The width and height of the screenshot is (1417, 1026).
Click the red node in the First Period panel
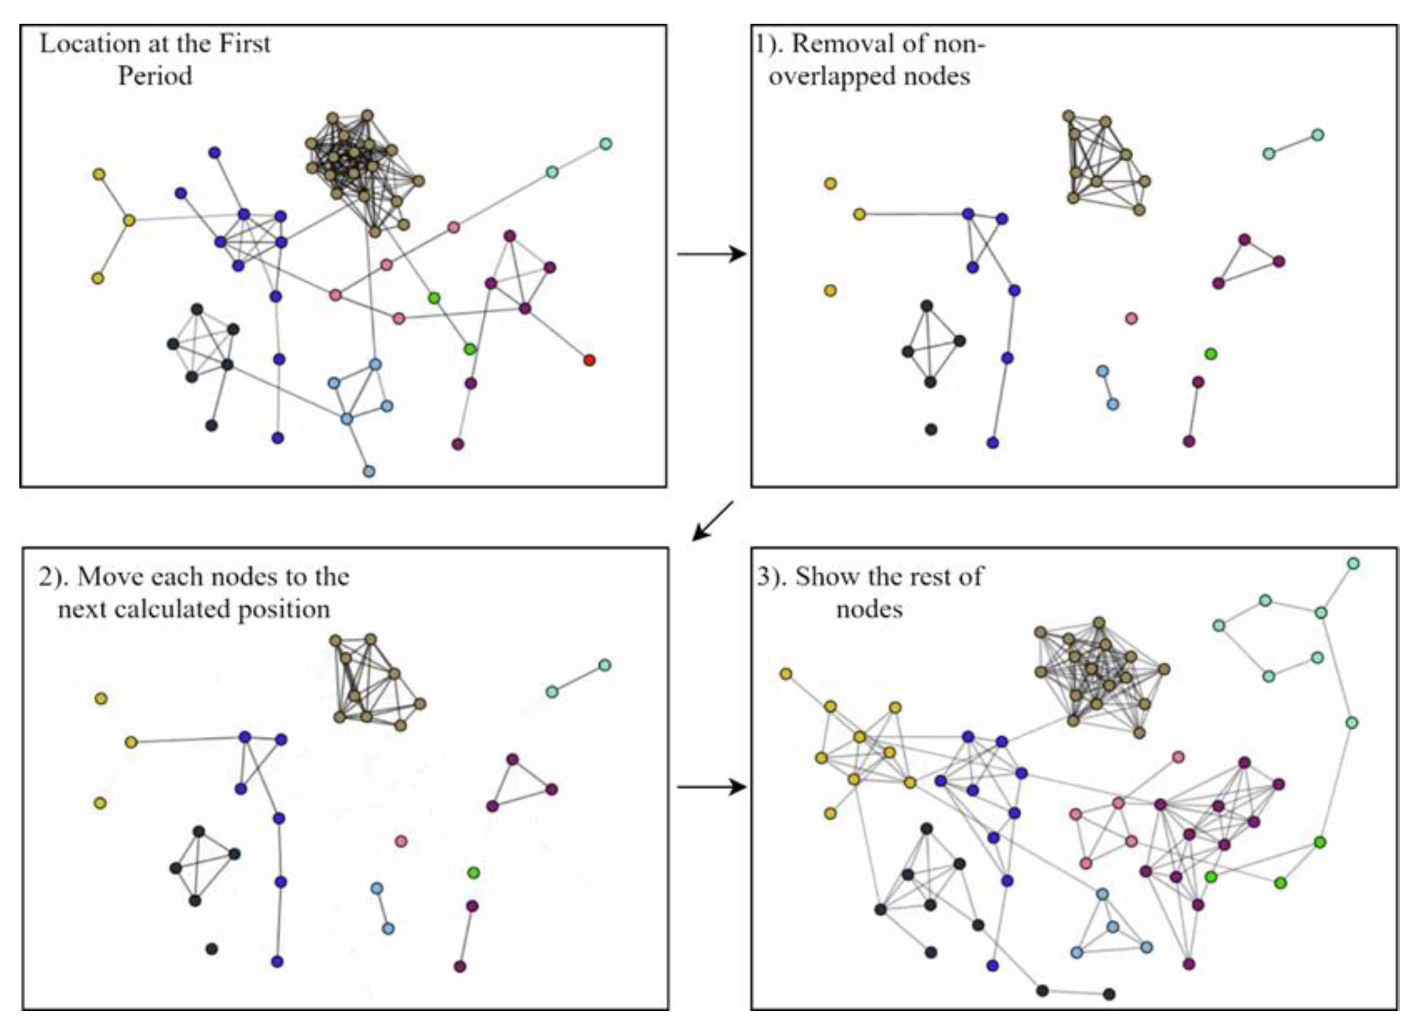[589, 360]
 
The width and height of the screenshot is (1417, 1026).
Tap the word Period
[155, 76]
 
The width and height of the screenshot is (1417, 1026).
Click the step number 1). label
[770, 44]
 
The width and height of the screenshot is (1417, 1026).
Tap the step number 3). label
[772, 576]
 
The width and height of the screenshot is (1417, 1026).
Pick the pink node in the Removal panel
[1131, 319]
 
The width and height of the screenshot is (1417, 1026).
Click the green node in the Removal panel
[1211, 354]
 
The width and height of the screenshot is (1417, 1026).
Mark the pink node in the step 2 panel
[401, 841]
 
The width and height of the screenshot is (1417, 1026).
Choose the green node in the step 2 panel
[473, 872]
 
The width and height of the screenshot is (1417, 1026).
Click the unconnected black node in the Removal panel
[931, 429]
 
